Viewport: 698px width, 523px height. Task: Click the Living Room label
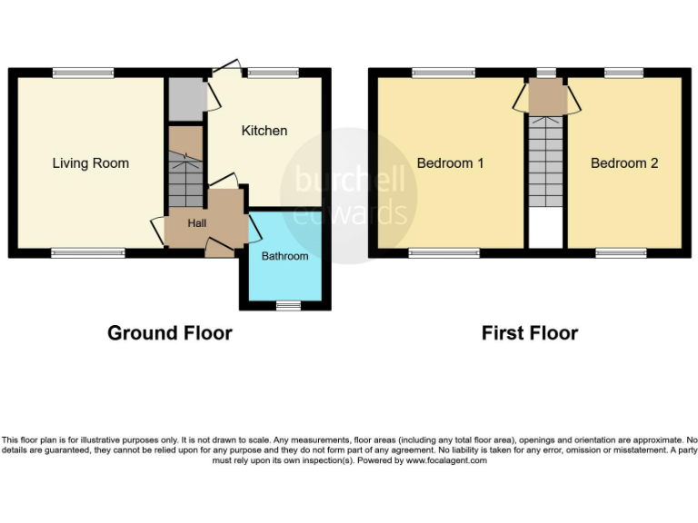click(x=90, y=163)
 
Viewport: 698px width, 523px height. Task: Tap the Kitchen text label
click(x=264, y=131)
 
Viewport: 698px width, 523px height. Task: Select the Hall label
click(x=197, y=223)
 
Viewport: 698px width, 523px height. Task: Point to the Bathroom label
click(x=284, y=256)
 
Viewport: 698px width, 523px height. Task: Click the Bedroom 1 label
click(x=450, y=163)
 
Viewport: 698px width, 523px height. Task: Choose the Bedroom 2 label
click(x=623, y=163)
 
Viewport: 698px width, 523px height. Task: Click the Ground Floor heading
click(x=170, y=333)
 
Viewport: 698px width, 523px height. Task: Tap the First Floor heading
click(x=529, y=333)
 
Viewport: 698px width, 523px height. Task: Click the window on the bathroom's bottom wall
click(x=288, y=306)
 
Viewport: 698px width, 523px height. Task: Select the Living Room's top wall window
click(x=83, y=73)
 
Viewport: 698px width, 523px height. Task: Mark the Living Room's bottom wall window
click(x=87, y=253)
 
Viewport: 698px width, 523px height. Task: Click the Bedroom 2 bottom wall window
click(x=621, y=253)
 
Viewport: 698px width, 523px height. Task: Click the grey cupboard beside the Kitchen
click(x=184, y=100)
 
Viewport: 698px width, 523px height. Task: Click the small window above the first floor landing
click(x=546, y=73)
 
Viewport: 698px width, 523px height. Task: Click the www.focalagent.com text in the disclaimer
click(x=445, y=460)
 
